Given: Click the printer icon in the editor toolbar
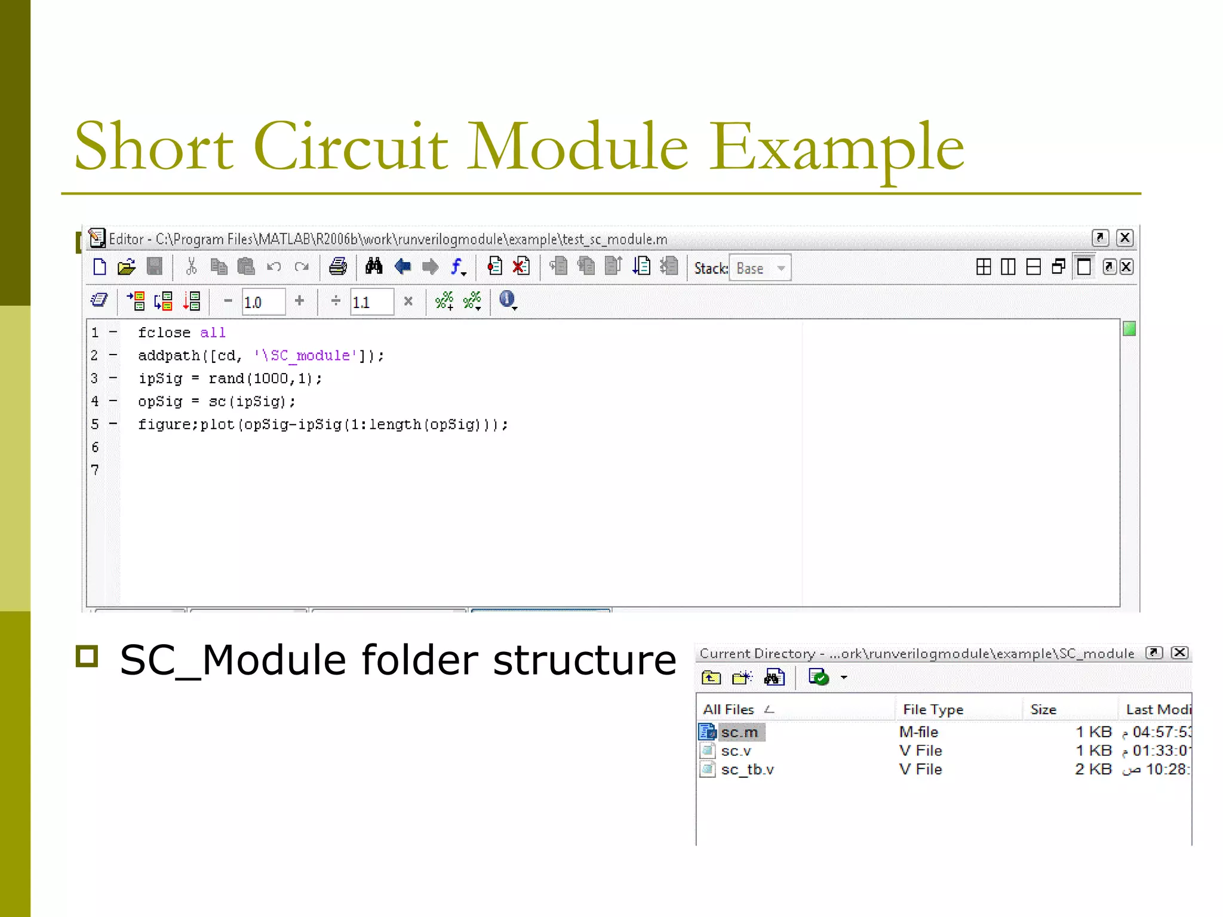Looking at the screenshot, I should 337,266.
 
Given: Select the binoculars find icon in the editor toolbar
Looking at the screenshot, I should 374,266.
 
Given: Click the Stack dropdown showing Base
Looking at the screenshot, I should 760,268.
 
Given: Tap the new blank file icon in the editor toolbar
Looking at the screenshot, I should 100,267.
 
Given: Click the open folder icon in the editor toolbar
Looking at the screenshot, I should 127,267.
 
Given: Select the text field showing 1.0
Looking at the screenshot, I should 263,302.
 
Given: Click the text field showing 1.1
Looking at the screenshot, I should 371,302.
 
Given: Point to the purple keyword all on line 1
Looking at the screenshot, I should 213,333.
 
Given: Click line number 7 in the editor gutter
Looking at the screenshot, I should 95,470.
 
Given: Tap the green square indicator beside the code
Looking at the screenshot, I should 1129,329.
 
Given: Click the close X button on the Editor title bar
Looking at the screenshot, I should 1124,238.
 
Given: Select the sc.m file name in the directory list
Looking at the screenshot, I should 739,732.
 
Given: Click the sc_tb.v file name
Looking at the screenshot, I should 747,770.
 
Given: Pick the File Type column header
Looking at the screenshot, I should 933,709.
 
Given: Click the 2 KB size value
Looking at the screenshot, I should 1093,770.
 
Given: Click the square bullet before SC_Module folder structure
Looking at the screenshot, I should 87,656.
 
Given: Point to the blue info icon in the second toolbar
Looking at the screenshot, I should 507,299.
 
